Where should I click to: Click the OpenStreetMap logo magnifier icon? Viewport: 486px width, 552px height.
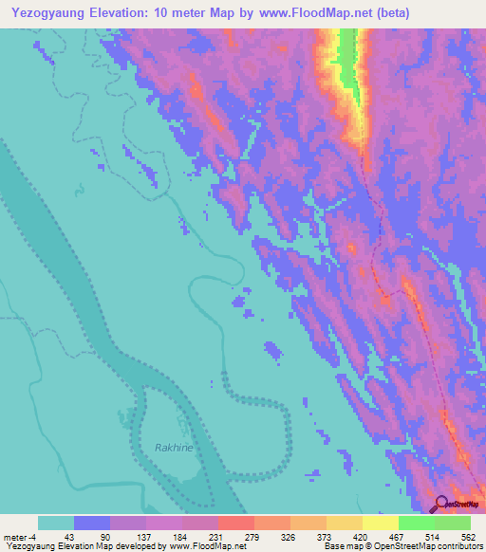click(440, 504)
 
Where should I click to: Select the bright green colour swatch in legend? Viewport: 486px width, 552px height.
click(417, 523)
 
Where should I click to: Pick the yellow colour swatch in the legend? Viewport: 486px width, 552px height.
click(381, 523)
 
